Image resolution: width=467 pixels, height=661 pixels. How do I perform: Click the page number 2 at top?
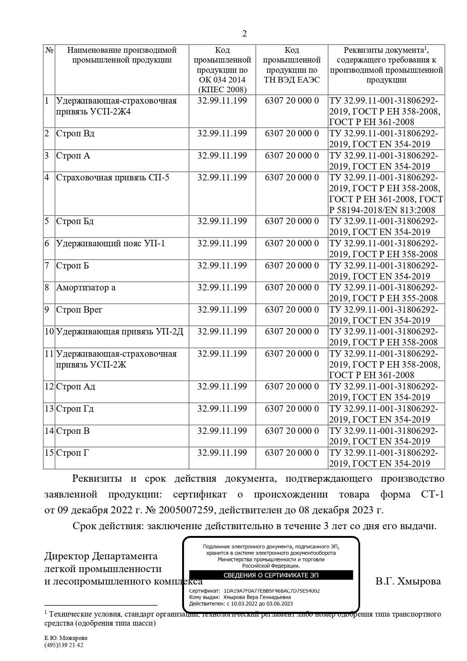[245, 34]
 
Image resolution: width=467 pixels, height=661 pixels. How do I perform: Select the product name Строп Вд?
[75, 134]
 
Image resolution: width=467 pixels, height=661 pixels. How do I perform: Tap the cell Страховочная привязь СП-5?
[113, 177]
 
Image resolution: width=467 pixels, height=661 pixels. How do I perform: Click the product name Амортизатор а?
[86, 288]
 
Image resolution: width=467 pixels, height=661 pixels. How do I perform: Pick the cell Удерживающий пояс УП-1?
[110, 244]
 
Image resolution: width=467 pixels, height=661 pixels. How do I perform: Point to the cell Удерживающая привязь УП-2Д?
[120, 332]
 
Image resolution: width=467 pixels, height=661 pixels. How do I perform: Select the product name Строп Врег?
[79, 310]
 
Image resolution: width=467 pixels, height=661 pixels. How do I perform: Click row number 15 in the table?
[49, 453]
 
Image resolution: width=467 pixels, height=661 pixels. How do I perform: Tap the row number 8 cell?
[47, 288]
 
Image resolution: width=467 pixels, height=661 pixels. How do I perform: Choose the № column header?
[49, 50]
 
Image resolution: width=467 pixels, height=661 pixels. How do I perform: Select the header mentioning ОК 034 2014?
[222, 70]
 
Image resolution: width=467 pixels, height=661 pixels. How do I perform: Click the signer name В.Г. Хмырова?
[408, 582]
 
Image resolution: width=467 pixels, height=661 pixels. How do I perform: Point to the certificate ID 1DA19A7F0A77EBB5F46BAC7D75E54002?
[271, 591]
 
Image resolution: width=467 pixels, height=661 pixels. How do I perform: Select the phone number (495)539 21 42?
[64, 645]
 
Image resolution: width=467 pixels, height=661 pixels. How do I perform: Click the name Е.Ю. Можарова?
[66, 638]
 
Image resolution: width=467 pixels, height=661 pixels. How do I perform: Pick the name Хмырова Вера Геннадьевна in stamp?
[257, 597]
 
